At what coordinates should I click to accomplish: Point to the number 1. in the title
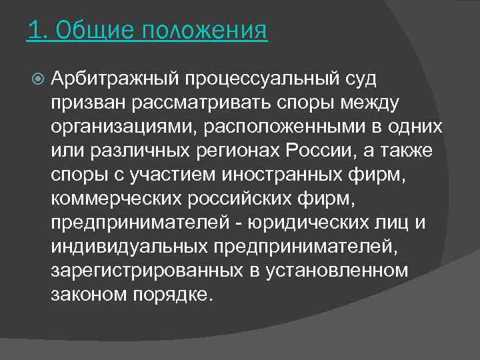37,31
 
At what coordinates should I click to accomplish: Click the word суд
361,80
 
